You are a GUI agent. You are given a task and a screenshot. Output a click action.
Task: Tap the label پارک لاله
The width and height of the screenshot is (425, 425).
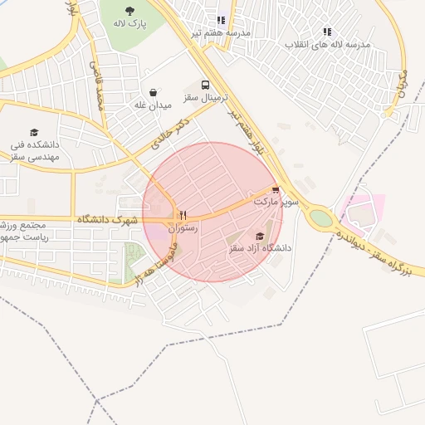click(x=129, y=23)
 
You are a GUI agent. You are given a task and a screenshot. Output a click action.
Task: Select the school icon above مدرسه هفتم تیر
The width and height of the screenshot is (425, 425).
click(x=221, y=20)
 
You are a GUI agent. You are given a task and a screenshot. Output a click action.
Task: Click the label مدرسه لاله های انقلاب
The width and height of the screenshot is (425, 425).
click(x=327, y=43)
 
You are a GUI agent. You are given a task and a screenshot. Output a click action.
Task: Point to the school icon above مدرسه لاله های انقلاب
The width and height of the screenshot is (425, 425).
click(x=327, y=32)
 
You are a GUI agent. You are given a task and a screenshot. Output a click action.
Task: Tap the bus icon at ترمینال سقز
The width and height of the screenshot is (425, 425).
click(x=205, y=85)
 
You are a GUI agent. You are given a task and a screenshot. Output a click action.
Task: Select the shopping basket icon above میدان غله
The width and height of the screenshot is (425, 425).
click(x=153, y=93)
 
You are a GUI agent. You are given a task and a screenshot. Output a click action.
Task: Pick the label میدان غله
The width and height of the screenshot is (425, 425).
click(x=153, y=105)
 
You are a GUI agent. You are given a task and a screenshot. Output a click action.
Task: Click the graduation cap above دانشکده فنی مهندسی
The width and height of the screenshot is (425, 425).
click(x=34, y=132)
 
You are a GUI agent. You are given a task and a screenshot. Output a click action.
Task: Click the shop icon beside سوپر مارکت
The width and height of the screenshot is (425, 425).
click(x=276, y=190)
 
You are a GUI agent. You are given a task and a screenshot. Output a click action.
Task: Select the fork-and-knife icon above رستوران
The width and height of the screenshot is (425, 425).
click(x=183, y=214)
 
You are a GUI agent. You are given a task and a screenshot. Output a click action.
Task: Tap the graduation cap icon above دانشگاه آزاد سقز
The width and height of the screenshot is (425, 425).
click(x=260, y=236)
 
